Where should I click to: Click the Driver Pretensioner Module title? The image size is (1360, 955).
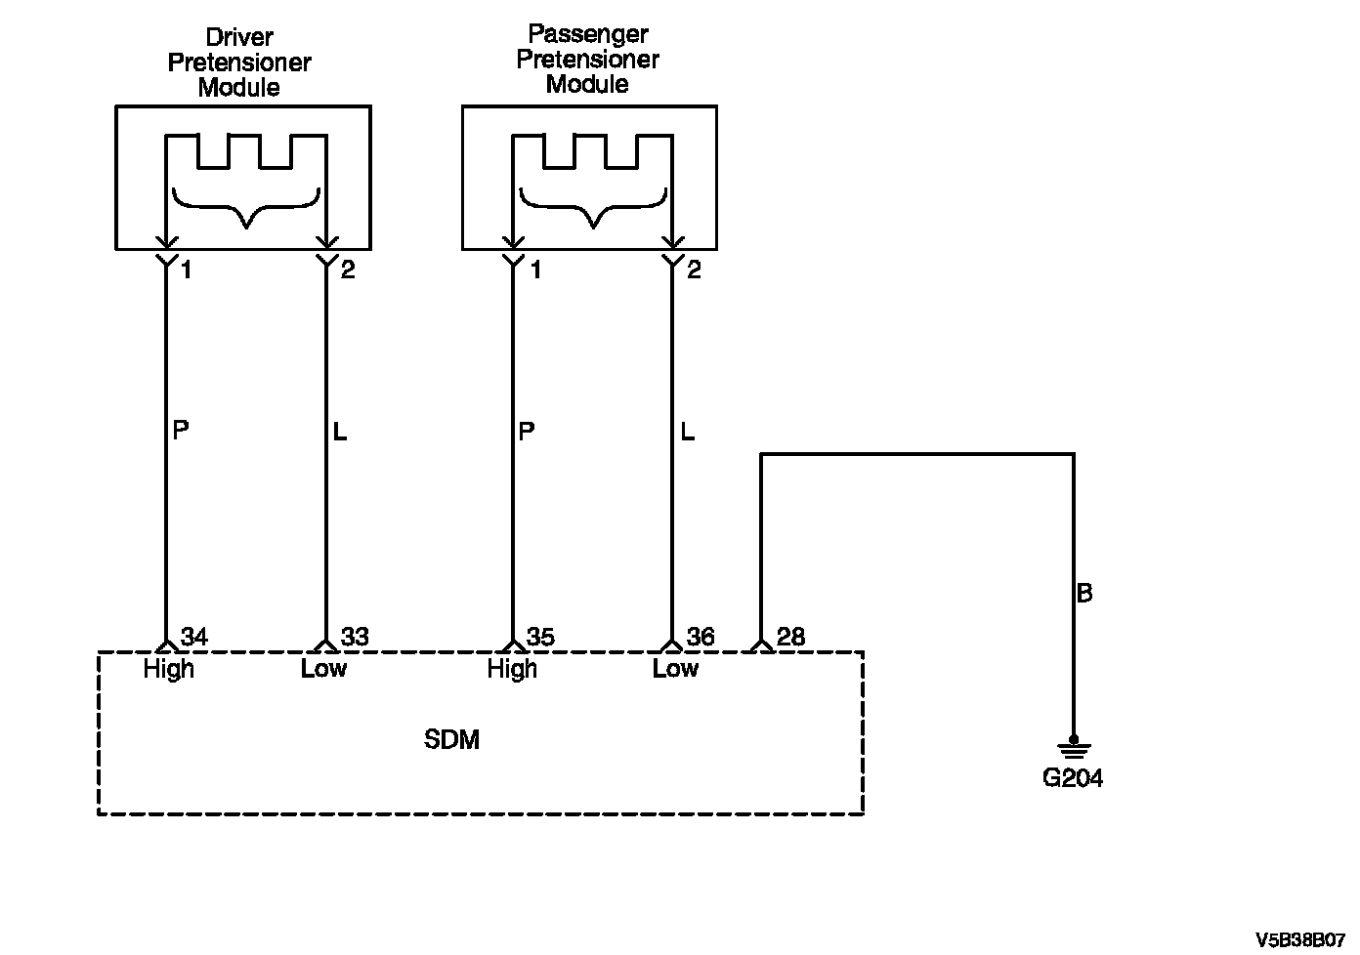point(239,62)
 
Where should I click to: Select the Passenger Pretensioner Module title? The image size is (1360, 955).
point(587,59)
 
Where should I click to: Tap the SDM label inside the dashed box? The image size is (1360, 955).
point(451,739)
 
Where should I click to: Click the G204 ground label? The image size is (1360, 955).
point(1072,778)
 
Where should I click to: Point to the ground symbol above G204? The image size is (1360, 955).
point(1074,747)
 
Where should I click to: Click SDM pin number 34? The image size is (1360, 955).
point(194,637)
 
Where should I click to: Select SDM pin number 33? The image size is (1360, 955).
point(355,637)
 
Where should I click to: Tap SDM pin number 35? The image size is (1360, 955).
point(540,637)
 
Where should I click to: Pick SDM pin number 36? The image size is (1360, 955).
point(701,637)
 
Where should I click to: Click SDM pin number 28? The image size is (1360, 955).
point(790,637)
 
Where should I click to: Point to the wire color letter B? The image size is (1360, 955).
point(1084,593)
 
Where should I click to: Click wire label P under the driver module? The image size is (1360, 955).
point(181,430)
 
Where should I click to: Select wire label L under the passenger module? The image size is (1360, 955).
point(687,432)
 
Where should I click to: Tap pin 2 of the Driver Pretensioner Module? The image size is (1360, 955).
point(348,270)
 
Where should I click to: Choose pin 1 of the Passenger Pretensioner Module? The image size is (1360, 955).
point(535,270)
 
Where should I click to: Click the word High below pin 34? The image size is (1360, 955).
point(169,669)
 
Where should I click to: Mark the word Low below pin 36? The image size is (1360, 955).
point(675,669)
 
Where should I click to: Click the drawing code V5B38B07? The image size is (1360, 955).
point(1300,940)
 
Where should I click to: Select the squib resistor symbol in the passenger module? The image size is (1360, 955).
point(593,151)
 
